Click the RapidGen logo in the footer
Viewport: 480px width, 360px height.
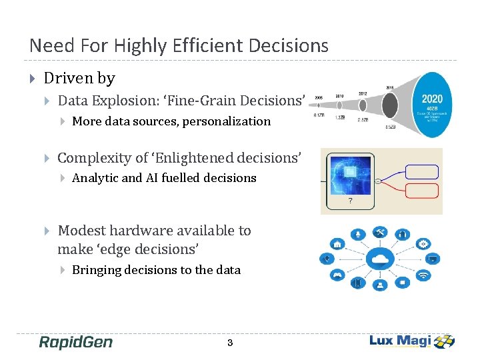75,343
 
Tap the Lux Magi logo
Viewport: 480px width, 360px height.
411,341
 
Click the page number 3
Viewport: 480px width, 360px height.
230,343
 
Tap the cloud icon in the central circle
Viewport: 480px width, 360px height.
381,259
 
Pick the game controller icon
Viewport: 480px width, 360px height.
339,275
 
